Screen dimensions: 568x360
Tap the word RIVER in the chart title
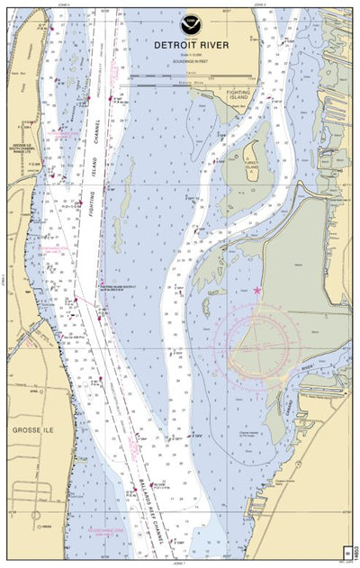click(x=207, y=44)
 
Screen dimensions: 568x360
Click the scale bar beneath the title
click(x=191, y=82)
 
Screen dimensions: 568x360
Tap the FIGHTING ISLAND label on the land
click(x=238, y=100)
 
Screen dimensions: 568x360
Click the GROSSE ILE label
click(x=33, y=430)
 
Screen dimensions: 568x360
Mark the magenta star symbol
click(x=258, y=291)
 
